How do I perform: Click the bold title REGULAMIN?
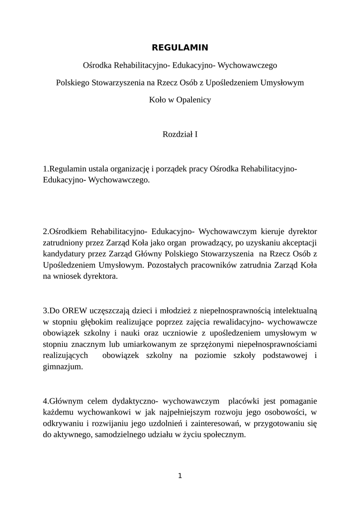(x=180, y=48)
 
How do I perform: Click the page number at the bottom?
(x=180, y=476)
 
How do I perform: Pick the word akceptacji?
(x=297, y=243)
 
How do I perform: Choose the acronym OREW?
(x=66, y=311)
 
